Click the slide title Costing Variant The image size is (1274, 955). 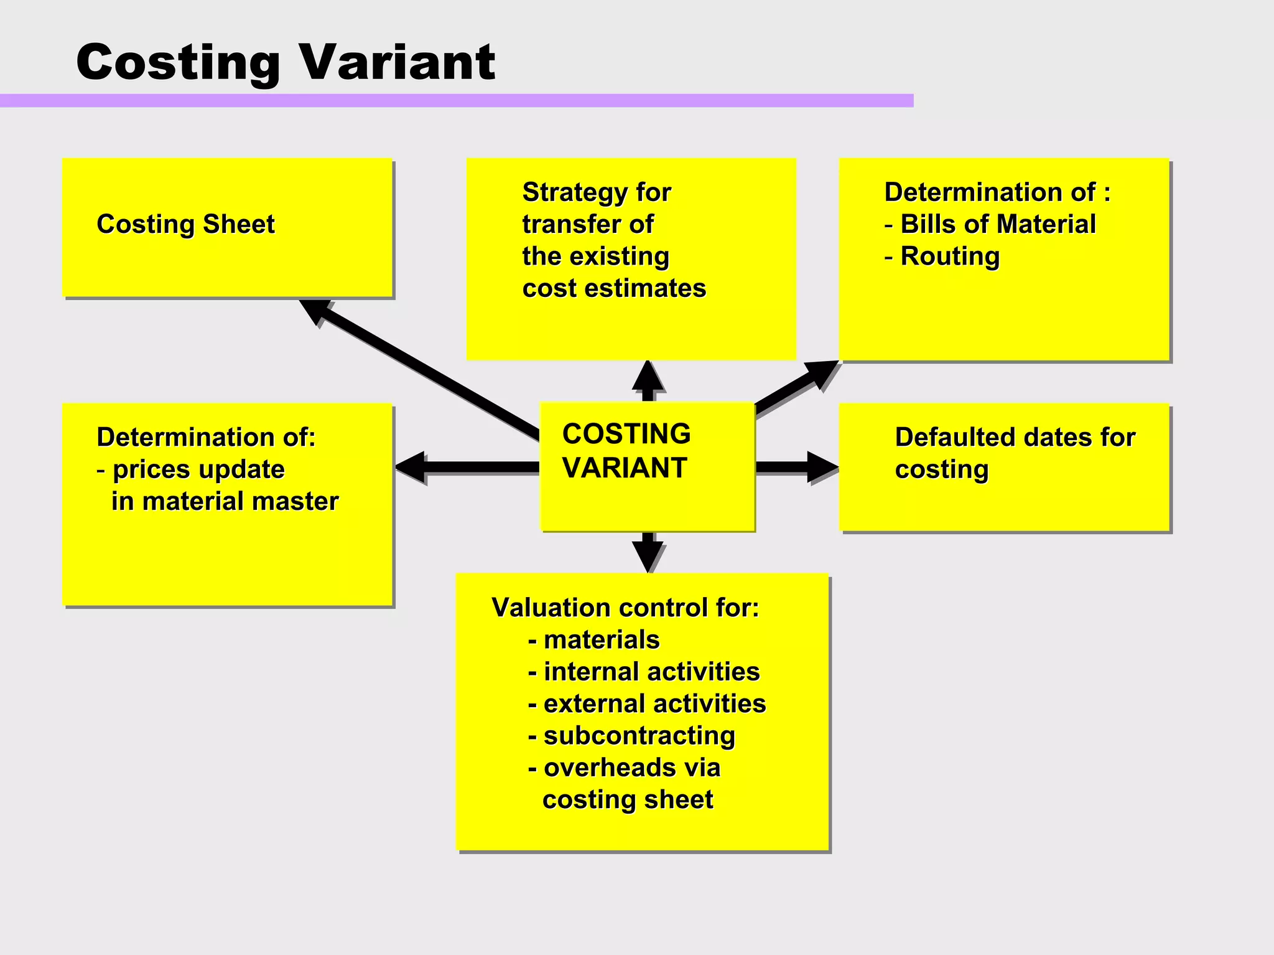coord(285,62)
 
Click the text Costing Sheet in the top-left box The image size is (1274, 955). coord(185,224)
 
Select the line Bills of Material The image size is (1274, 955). coord(990,224)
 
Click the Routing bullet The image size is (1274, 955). coord(942,256)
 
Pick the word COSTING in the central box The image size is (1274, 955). coord(626,434)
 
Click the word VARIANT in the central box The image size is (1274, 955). coord(625,468)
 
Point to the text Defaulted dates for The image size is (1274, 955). coord(1015,437)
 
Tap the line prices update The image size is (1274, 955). coord(191,469)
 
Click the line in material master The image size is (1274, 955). coord(225,501)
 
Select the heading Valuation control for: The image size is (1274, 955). coord(625,608)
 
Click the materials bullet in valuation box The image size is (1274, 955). coord(593,640)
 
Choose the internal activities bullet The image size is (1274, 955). coord(644,672)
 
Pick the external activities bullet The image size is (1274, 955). coord(647,704)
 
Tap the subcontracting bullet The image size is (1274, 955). coord(631,736)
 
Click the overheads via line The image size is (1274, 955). coord(624,768)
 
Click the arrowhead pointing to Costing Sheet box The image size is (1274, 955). coord(314,309)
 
